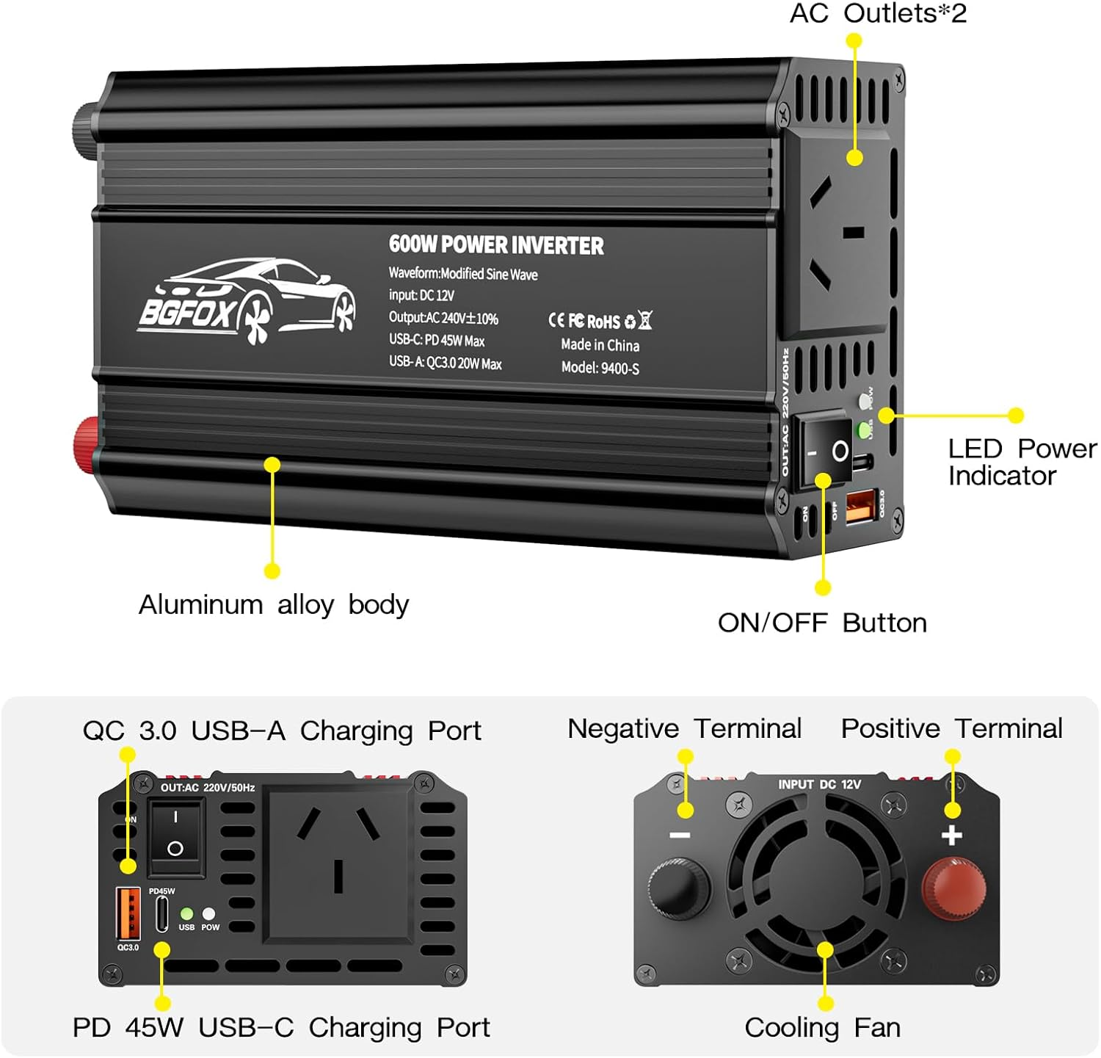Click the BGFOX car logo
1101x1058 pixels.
(x=247, y=302)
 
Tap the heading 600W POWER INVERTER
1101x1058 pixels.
(x=496, y=245)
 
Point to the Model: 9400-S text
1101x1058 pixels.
(x=600, y=368)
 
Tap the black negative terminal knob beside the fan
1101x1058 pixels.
(x=679, y=885)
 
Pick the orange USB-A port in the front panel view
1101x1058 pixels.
(x=128, y=913)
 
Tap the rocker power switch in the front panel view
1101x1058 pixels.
(x=175, y=836)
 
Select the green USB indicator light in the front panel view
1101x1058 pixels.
(x=187, y=914)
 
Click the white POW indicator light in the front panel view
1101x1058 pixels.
(x=209, y=914)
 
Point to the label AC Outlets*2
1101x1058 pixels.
(x=878, y=13)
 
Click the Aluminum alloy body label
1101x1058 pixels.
(x=274, y=604)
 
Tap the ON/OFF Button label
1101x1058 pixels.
(x=822, y=623)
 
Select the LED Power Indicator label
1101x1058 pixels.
(x=1022, y=462)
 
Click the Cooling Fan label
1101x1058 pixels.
(x=822, y=1027)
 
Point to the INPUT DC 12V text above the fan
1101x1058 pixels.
(x=819, y=785)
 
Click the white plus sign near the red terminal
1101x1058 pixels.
(x=952, y=836)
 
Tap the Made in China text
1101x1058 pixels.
(x=600, y=345)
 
